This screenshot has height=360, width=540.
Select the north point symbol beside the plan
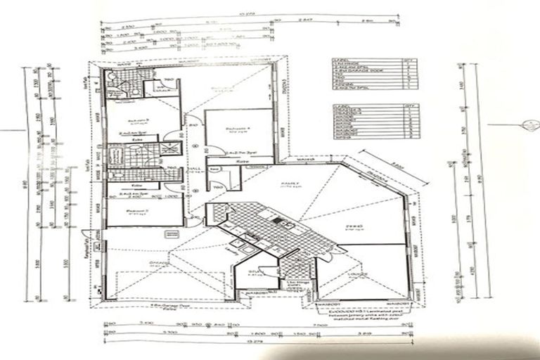coord(526,125)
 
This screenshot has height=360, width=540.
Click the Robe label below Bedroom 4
coord(243,161)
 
